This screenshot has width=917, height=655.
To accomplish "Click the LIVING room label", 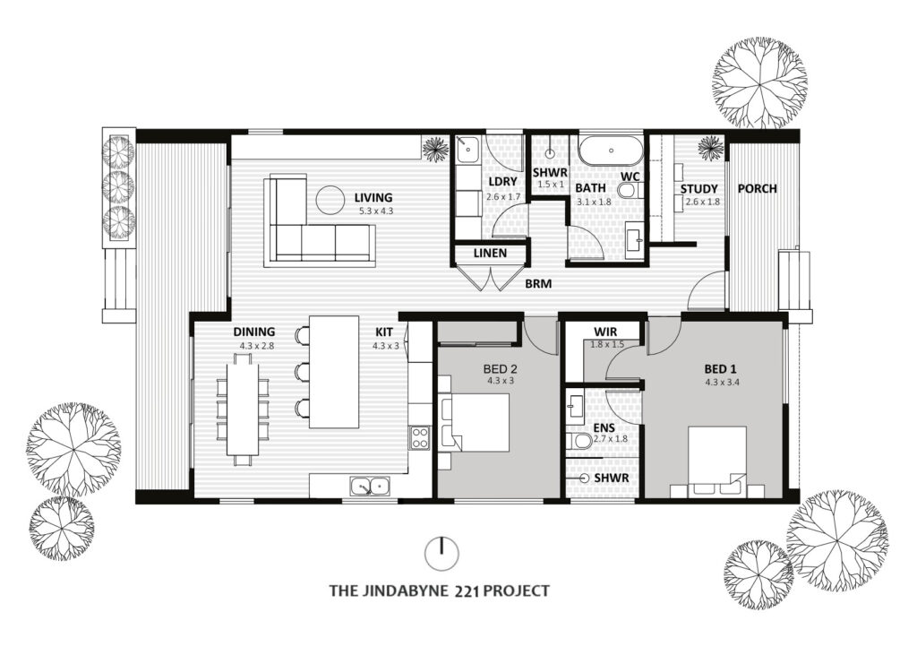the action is [x=373, y=198].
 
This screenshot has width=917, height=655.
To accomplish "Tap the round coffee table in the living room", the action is [x=330, y=200].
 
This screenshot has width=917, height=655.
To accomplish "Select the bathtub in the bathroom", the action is [x=611, y=151].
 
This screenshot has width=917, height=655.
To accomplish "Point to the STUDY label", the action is [x=698, y=189].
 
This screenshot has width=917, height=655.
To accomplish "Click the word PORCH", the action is [x=758, y=188].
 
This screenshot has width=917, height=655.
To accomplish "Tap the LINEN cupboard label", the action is [x=490, y=254].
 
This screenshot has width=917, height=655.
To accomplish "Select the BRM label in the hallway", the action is [x=538, y=284].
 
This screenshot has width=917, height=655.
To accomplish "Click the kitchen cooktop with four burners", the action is [x=420, y=437].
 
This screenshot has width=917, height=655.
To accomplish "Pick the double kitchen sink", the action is [x=370, y=486].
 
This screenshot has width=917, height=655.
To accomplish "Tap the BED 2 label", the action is [x=500, y=369].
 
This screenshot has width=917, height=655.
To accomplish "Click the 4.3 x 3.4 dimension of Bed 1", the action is [x=723, y=383].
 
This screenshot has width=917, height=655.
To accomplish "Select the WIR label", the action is [x=605, y=332].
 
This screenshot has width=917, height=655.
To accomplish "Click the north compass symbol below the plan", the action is [x=442, y=553].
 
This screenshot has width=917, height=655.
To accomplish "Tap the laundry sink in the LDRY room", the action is [x=467, y=150].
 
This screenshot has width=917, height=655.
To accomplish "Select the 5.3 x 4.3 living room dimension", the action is [x=376, y=211].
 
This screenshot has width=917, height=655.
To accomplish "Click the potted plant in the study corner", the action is [x=711, y=148].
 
